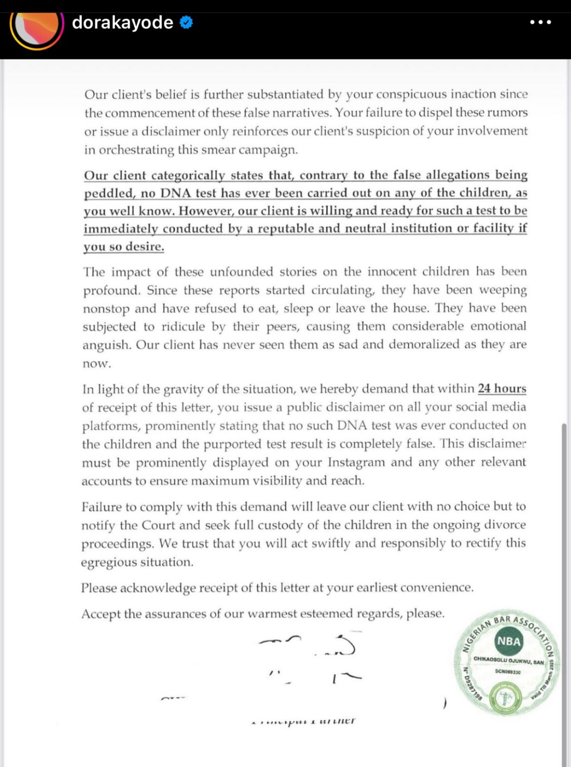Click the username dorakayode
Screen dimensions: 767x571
(x=122, y=22)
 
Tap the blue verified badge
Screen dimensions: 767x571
(x=186, y=22)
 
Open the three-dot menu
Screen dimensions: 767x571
(x=541, y=22)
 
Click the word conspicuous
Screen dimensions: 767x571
(x=410, y=94)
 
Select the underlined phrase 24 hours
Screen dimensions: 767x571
(x=502, y=388)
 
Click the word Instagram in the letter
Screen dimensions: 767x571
(x=356, y=462)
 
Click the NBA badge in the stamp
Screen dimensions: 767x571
(x=508, y=641)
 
